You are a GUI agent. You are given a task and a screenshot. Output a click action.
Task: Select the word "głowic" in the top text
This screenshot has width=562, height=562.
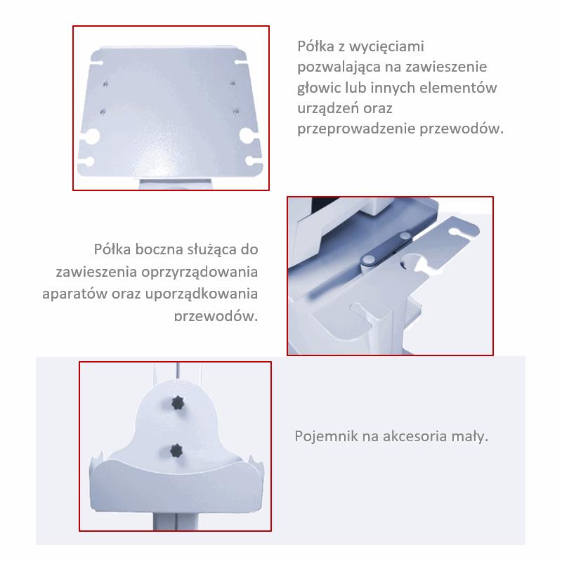(322, 89)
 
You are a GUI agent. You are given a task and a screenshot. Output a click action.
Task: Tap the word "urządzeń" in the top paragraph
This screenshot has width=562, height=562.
(328, 109)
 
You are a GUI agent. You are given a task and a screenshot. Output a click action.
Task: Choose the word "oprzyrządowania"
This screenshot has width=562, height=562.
(200, 271)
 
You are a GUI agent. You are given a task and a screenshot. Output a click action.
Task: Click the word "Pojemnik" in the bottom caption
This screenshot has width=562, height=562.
(325, 437)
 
